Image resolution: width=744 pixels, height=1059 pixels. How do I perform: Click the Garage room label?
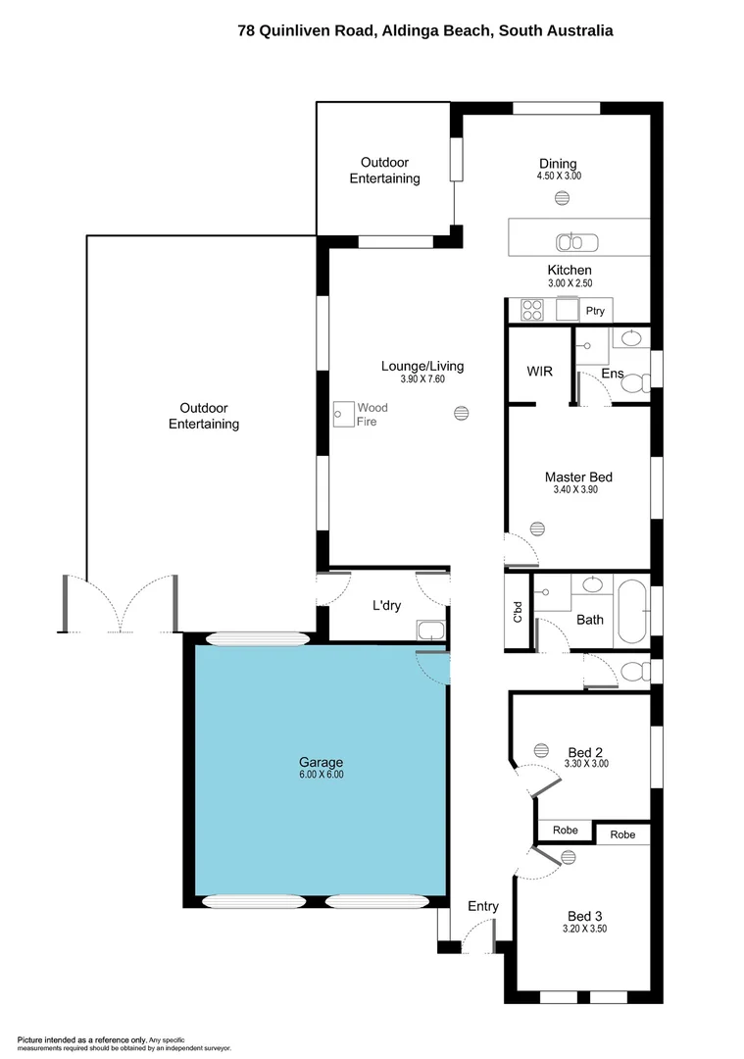321,762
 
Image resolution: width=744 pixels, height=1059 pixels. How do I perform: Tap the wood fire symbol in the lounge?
343,415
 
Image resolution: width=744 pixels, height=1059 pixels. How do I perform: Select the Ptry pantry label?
595,312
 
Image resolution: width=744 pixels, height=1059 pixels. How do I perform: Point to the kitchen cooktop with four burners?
533,311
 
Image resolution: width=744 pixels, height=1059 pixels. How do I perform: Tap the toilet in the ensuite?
635,383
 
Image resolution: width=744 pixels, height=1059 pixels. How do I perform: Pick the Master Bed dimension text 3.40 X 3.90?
578,490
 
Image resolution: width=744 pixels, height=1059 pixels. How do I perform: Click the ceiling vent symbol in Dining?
563,197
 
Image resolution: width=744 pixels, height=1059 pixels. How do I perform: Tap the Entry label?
482,907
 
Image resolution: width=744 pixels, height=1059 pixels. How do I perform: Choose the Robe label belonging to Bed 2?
565,831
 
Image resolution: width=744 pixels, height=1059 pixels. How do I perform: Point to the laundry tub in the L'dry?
430,630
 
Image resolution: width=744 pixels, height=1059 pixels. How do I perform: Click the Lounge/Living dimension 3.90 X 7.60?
422,379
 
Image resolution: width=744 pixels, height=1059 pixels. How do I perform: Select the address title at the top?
425,30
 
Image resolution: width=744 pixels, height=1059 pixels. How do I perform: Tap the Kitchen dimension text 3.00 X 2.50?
569,283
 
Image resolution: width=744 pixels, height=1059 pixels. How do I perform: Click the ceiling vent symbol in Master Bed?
537,529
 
